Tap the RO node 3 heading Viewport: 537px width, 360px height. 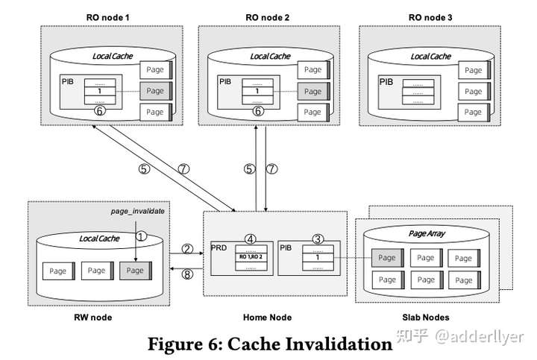tap(425, 16)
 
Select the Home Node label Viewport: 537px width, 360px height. tap(267, 317)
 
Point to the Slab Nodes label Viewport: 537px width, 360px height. tap(426, 317)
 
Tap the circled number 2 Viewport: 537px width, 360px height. tap(187, 248)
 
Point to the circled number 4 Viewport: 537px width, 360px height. tap(251, 239)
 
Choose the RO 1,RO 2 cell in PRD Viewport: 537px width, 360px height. tap(251, 256)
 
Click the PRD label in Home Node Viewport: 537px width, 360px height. tap(219, 247)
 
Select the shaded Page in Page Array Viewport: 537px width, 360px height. tap(387, 258)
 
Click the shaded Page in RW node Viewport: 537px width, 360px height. tap(135, 270)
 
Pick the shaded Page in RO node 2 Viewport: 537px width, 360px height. tap(313, 91)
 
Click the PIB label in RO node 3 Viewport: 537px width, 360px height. tap(386, 81)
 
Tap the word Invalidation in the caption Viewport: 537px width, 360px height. tap(335, 344)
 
